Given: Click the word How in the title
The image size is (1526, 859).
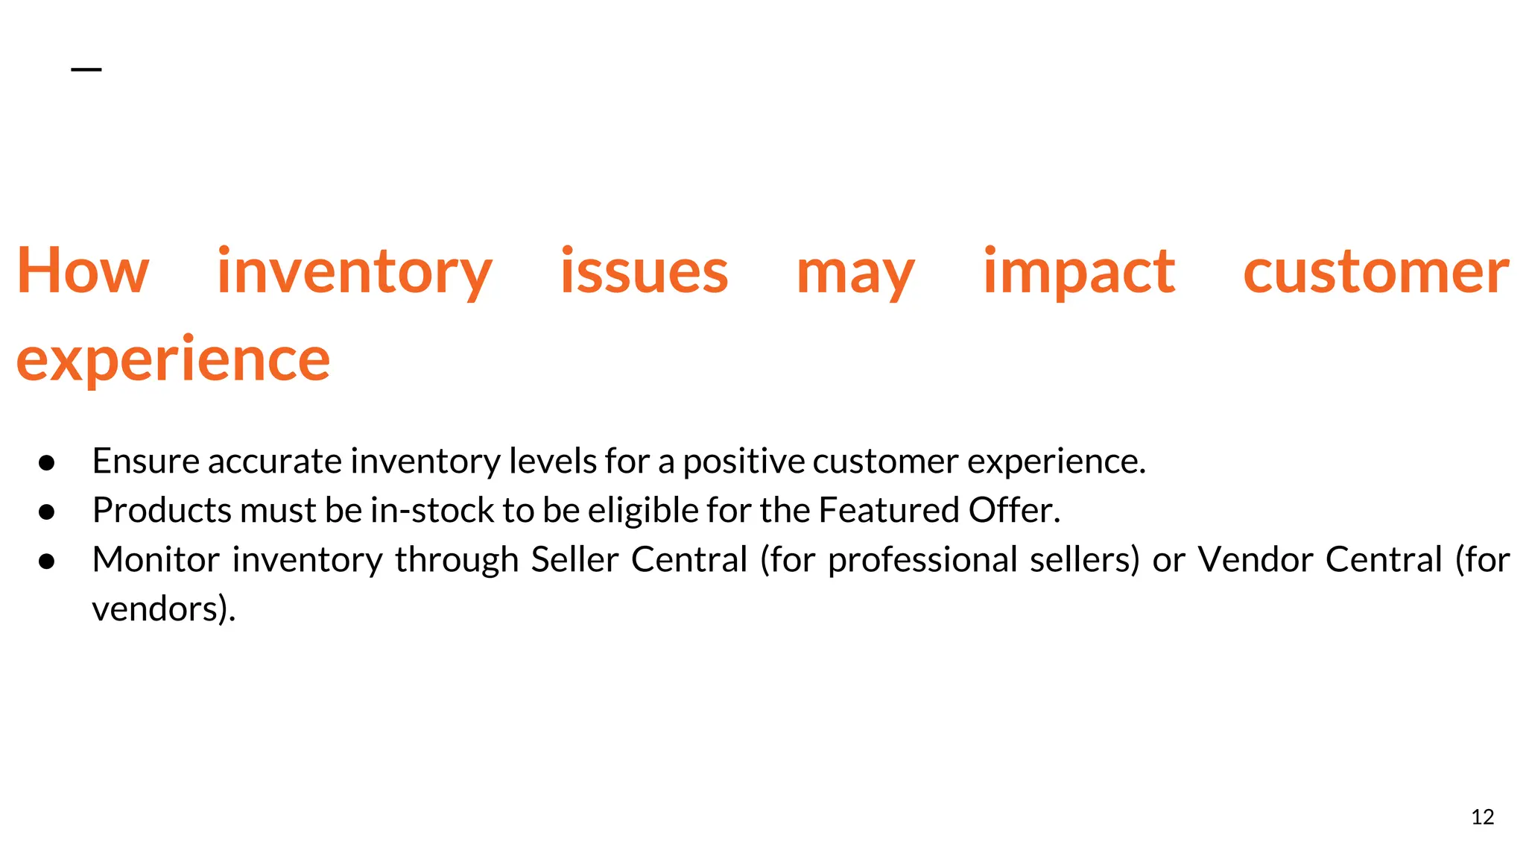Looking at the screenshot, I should click(83, 271).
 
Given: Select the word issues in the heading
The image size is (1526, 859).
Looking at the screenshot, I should click(644, 271).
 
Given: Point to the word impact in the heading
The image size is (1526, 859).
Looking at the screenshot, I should click(1078, 271).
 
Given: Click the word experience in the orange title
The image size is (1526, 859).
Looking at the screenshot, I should click(173, 359).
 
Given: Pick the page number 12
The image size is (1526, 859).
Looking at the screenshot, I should click(1482, 817).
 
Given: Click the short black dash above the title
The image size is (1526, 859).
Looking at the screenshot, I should click(86, 69).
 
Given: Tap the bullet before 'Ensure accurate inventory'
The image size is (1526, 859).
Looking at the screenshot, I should click(47, 462).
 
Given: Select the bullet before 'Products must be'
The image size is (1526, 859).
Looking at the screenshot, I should click(47, 512).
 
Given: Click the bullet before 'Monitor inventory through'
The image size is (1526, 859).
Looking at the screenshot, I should click(47, 561).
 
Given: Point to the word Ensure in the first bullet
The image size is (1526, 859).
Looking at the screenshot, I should click(145, 461).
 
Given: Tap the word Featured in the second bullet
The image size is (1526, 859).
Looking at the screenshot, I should click(888, 511).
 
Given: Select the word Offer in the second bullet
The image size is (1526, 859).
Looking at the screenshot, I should click(1013, 511).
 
